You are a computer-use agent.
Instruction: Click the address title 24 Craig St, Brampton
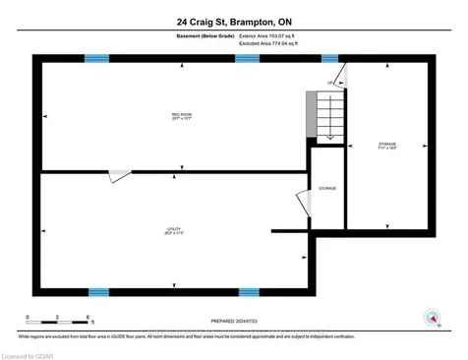tap(233, 20)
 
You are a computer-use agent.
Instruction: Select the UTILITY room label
tap(174, 231)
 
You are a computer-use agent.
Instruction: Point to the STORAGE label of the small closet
tap(327, 187)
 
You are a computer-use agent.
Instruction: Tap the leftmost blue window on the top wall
tap(97, 58)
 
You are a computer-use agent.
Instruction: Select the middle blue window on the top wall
tap(247, 58)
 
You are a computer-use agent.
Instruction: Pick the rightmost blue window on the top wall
tap(329, 58)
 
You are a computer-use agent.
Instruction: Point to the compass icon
tap(430, 317)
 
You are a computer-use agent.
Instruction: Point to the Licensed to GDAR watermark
tap(29, 352)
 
